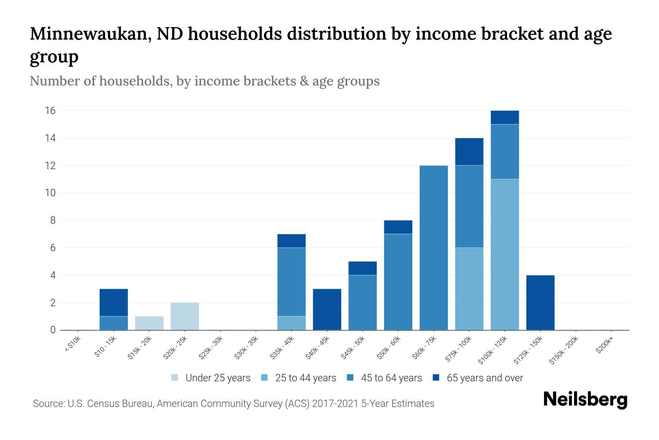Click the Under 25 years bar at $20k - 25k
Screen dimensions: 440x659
pyautogui.click(x=185, y=316)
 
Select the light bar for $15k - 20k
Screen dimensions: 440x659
pyautogui.click(x=149, y=323)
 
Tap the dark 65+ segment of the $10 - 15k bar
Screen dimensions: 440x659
pyautogui.click(x=113, y=302)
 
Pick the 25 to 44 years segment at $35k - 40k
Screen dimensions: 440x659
pyautogui.click(x=291, y=323)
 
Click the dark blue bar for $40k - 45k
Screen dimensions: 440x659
pyautogui.click(x=327, y=309)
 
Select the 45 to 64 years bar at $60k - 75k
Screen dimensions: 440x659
pyautogui.click(x=433, y=248)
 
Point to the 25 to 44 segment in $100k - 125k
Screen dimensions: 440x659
pyautogui.click(x=505, y=254)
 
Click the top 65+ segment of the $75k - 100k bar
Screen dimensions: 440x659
pyautogui.click(x=469, y=152)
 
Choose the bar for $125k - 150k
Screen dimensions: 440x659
pyautogui.click(x=540, y=302)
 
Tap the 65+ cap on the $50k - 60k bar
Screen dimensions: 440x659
pyautogui.click(x=398, y=227)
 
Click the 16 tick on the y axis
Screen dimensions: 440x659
pyautogui.click(x=51, y=111)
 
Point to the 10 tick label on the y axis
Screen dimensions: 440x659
pyautogui.click(x=51, y=193)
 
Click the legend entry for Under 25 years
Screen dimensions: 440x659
pyautogui.click(x=211, y=378)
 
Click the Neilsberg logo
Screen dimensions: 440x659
pyautogui.click(x=585, y=400)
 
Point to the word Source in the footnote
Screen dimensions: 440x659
pyautogui.click(x=48, y=404)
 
